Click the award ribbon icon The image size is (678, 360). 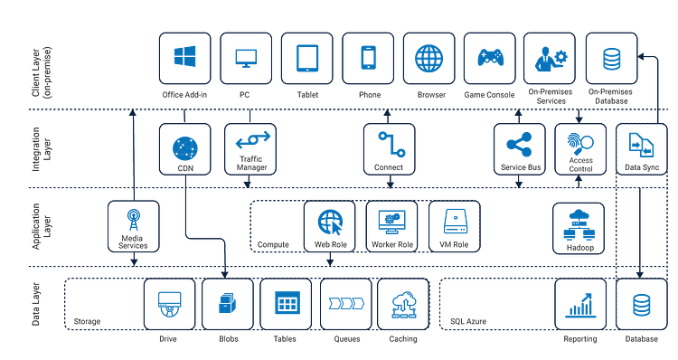coord(134,220)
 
